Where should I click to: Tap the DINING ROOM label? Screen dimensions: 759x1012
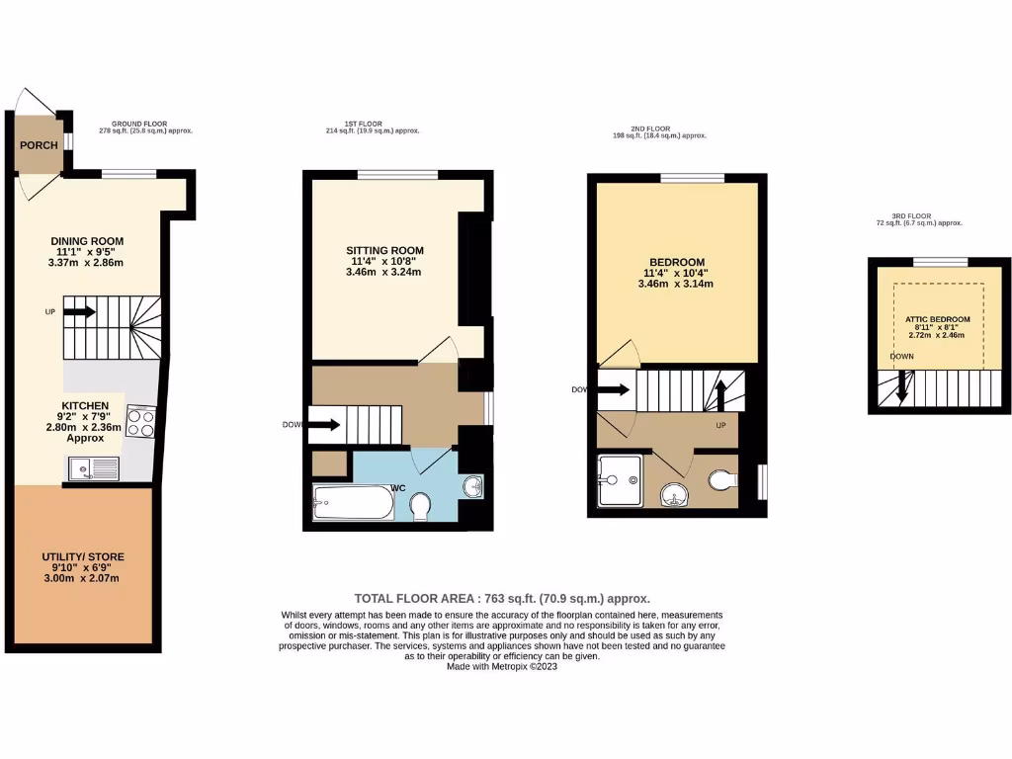coord(89,241)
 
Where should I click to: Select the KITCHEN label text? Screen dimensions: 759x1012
coord(84,406)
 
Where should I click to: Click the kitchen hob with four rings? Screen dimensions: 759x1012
coord(140,422)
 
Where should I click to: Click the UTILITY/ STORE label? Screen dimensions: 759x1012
coord(83,558)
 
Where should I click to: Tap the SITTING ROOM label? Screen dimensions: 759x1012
coord(384,250)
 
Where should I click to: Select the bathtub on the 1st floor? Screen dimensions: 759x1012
coord(353,503)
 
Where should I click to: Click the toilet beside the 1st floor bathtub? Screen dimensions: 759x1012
coord(419,506)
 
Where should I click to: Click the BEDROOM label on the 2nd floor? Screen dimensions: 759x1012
coord(676,262)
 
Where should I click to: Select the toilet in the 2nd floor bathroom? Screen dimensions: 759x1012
coord(721,481)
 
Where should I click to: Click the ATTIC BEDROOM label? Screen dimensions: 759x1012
coord(937,320)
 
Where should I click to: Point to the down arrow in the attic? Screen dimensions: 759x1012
coord(902,390)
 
